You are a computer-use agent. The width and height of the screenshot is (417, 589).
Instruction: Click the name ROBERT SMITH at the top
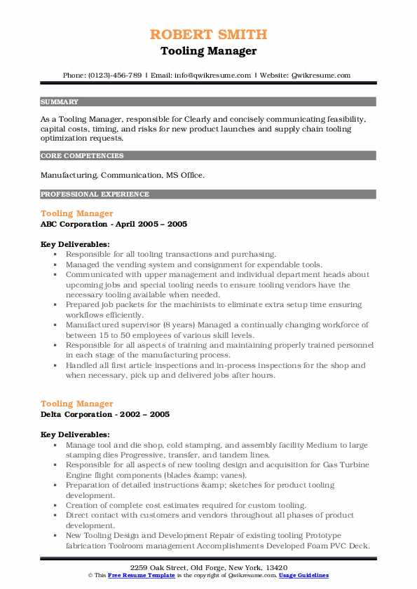pos(208,34)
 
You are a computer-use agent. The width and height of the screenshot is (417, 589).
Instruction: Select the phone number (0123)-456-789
pos(115,75)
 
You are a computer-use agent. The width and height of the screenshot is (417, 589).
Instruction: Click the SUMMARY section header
pos(60,101)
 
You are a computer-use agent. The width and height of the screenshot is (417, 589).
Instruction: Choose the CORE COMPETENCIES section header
pos(82,156)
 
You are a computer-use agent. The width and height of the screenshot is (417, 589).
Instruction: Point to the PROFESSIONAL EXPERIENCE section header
pos(95,194)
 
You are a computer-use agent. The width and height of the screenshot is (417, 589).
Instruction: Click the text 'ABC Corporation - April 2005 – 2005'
pos(114,224)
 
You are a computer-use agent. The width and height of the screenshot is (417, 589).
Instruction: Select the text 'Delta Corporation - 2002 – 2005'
pos(105,414)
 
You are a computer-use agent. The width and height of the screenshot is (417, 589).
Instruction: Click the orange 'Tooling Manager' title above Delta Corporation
pos(76,404)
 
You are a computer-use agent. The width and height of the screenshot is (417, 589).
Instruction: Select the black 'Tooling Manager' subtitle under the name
pos(208,51)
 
